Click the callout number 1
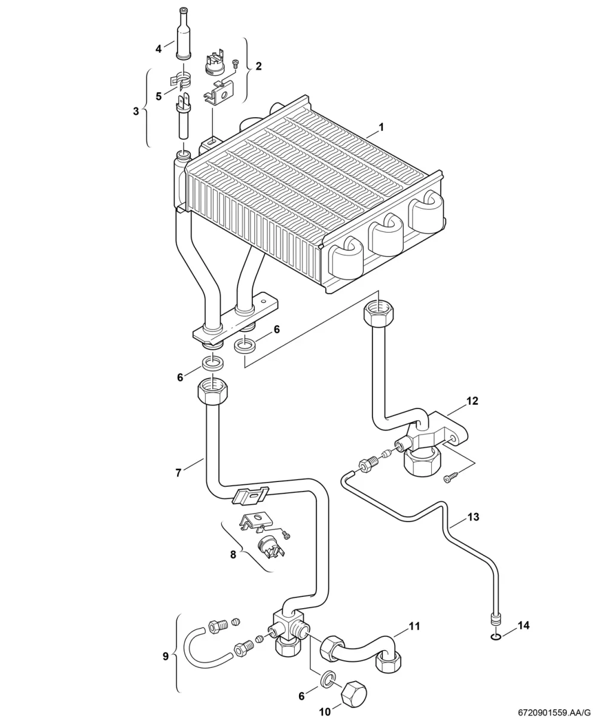click(381, 127)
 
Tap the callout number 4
click(158, 49)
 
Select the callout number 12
click(472, 401)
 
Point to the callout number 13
click(473, 517)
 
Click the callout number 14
click(524, 626)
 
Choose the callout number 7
click(178, 473)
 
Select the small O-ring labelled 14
click(496, 636)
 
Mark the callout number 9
click(166, 656)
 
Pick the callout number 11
click(414, 626)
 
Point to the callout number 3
click(136, 111)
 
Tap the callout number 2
click(259, 66)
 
